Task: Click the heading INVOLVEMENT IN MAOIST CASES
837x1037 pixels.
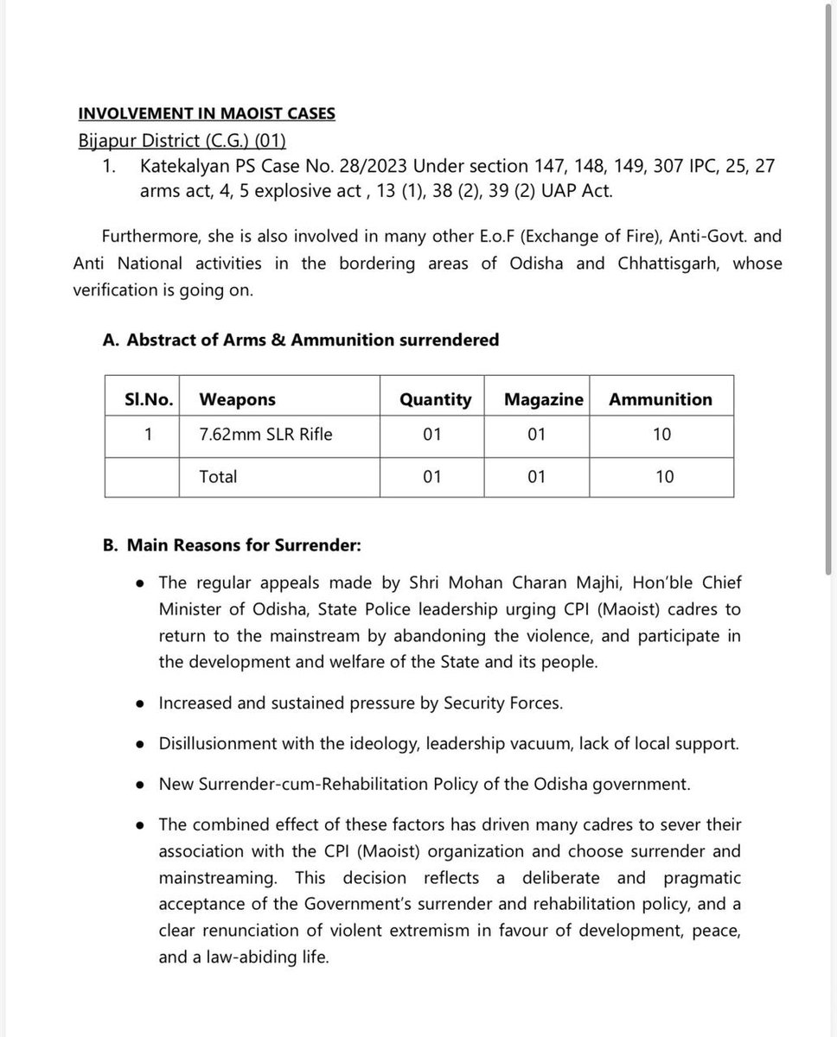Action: (207, 113)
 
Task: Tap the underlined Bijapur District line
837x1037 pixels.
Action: (182, 141)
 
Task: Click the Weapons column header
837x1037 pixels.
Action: (237, 399)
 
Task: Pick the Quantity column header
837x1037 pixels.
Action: (436, 399)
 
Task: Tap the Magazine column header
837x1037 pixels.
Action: (543, 399)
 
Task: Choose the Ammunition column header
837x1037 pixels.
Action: (661, 399)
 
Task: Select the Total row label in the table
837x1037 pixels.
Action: (218, 476)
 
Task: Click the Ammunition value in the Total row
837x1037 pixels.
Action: (663, 476)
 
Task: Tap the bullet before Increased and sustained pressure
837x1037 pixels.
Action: (140, 703)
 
